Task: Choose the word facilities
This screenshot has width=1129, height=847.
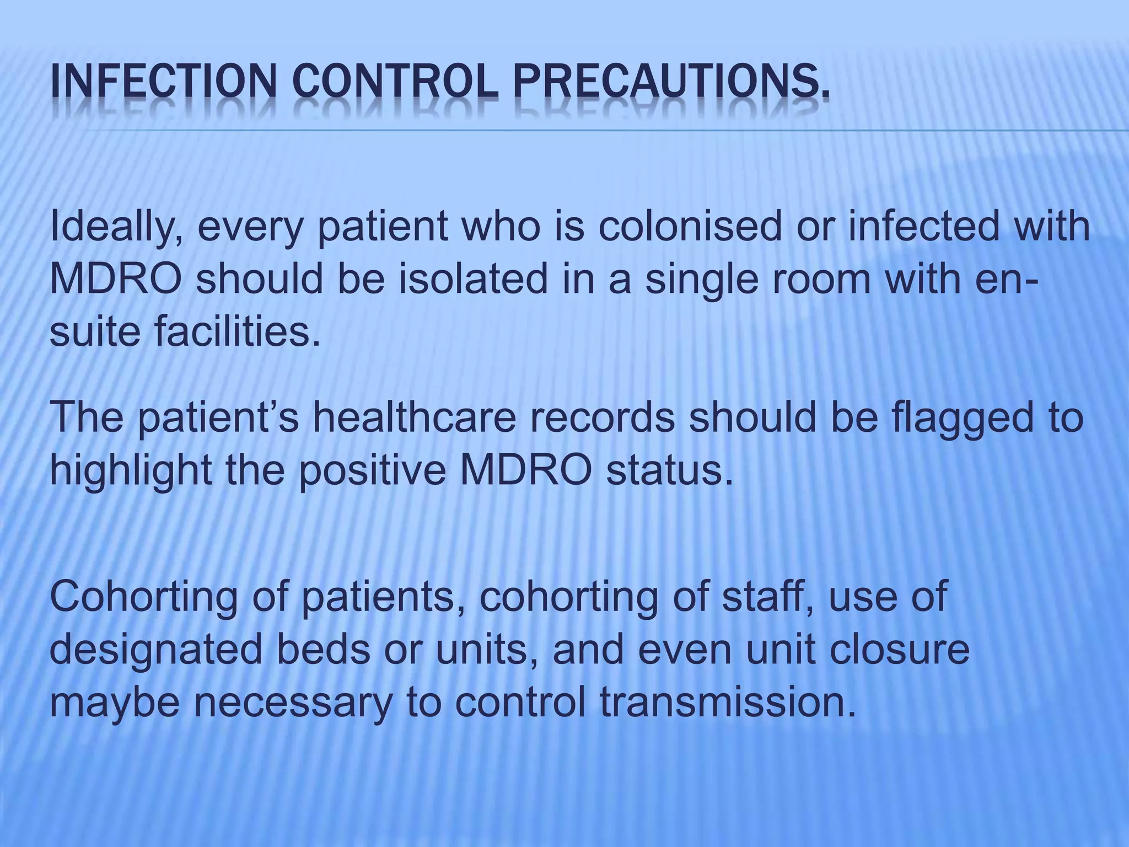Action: pyautogui.click(x=237, y=332)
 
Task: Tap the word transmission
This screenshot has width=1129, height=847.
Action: pyautogui.click(x=728, y=702)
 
